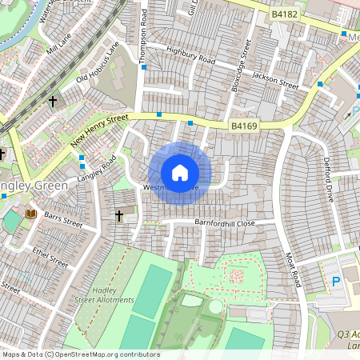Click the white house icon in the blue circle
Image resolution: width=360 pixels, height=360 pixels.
coord(180,172)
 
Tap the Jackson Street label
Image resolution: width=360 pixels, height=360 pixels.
coord(274,77)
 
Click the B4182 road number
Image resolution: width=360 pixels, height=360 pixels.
coord(284,14)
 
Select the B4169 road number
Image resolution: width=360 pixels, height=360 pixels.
coord(244,126)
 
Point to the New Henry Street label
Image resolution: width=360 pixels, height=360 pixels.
coord(99,130)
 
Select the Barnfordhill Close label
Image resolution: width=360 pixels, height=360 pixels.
coord(225,223)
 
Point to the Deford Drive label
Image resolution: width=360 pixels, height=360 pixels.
coord(328,179)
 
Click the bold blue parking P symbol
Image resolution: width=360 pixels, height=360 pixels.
coord(336,282)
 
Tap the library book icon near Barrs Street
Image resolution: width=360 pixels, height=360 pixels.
coord(31,214)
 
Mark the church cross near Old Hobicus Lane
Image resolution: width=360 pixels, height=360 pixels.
coord(53,102)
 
